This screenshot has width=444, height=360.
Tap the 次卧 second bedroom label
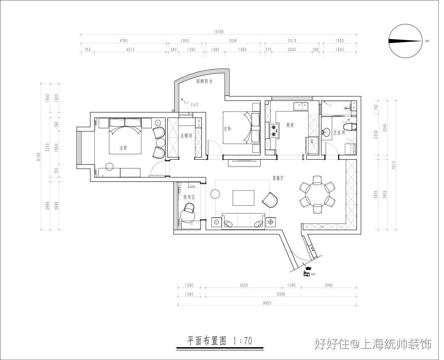click(227, 129)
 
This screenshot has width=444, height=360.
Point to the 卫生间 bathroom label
click(339, 132)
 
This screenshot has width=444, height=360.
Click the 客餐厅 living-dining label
click(278, 179)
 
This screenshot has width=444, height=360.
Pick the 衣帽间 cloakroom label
click(186, 135)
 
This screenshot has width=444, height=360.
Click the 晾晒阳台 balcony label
click(204, 81)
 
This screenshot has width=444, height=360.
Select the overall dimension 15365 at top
click(218, 32)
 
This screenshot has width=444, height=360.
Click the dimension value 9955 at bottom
click(267, 302)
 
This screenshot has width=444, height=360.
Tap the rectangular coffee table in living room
click(244, 197)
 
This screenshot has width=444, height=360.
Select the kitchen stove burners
click(273, 130)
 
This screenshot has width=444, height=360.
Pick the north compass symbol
click(406, 41)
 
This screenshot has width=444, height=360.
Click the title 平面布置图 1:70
click(220, 341)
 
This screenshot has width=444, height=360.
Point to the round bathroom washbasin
click(326, 132)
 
